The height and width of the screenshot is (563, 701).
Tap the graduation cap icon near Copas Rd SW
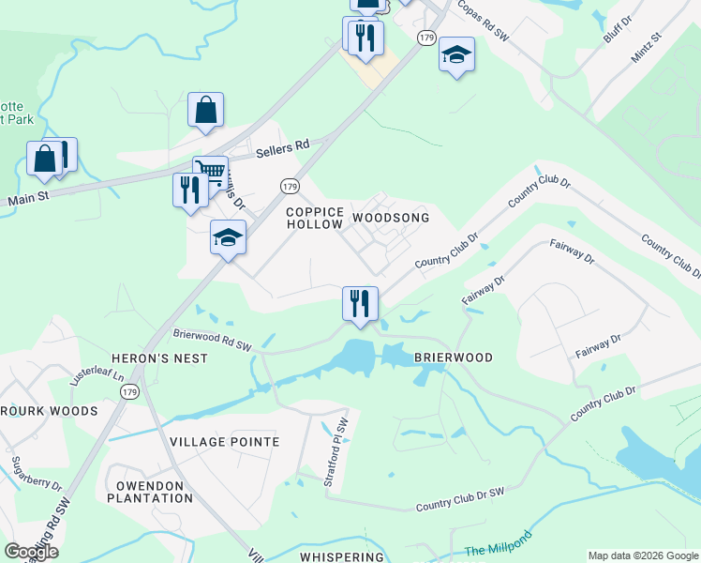(x=456, y=54)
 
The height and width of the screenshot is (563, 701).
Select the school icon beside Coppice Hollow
(x=228, y=237)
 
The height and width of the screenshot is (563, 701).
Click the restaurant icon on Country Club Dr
(x=360, y=303)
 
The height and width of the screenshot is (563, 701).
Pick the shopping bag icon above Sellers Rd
(x=205, y=110)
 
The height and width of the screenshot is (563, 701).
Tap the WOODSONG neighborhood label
(x=390, y=218)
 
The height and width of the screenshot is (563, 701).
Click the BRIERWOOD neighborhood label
(x=452, y=358)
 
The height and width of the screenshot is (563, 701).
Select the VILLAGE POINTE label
(x=225, y=441)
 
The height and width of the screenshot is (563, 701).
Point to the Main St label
(x=28, y=198)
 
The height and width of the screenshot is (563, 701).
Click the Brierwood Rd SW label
(x=213, y=339)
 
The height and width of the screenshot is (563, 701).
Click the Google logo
(x=32, y=552)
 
